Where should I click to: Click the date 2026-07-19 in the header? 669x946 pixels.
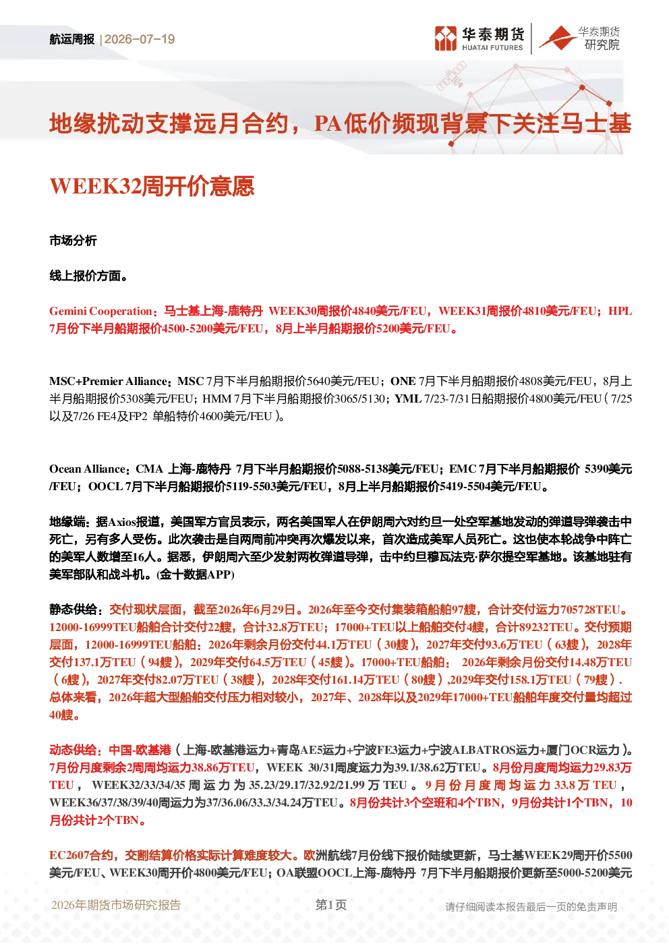point(140,39)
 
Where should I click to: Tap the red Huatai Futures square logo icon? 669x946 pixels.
point(446,38)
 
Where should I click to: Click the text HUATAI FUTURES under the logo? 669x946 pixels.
point(492,48)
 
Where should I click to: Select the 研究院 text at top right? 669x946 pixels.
point(602,45)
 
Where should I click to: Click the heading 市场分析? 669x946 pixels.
point(73,241)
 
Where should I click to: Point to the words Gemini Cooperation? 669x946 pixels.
point(100,312)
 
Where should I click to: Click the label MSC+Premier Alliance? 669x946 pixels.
point(108,382)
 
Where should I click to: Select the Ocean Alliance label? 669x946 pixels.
point(87,469)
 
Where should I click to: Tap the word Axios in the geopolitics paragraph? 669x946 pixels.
point(121,522)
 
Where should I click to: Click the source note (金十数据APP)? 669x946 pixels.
point(195,574)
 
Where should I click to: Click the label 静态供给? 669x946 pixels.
point(73,610)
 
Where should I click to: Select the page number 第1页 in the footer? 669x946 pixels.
point(331,905)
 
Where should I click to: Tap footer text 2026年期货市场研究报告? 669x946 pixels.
point(116,905)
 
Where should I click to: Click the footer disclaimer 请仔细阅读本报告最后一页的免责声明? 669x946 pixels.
point(531,907)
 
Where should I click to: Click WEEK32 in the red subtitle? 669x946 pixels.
point(94,186)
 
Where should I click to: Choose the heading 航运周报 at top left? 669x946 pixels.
point(72,39)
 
